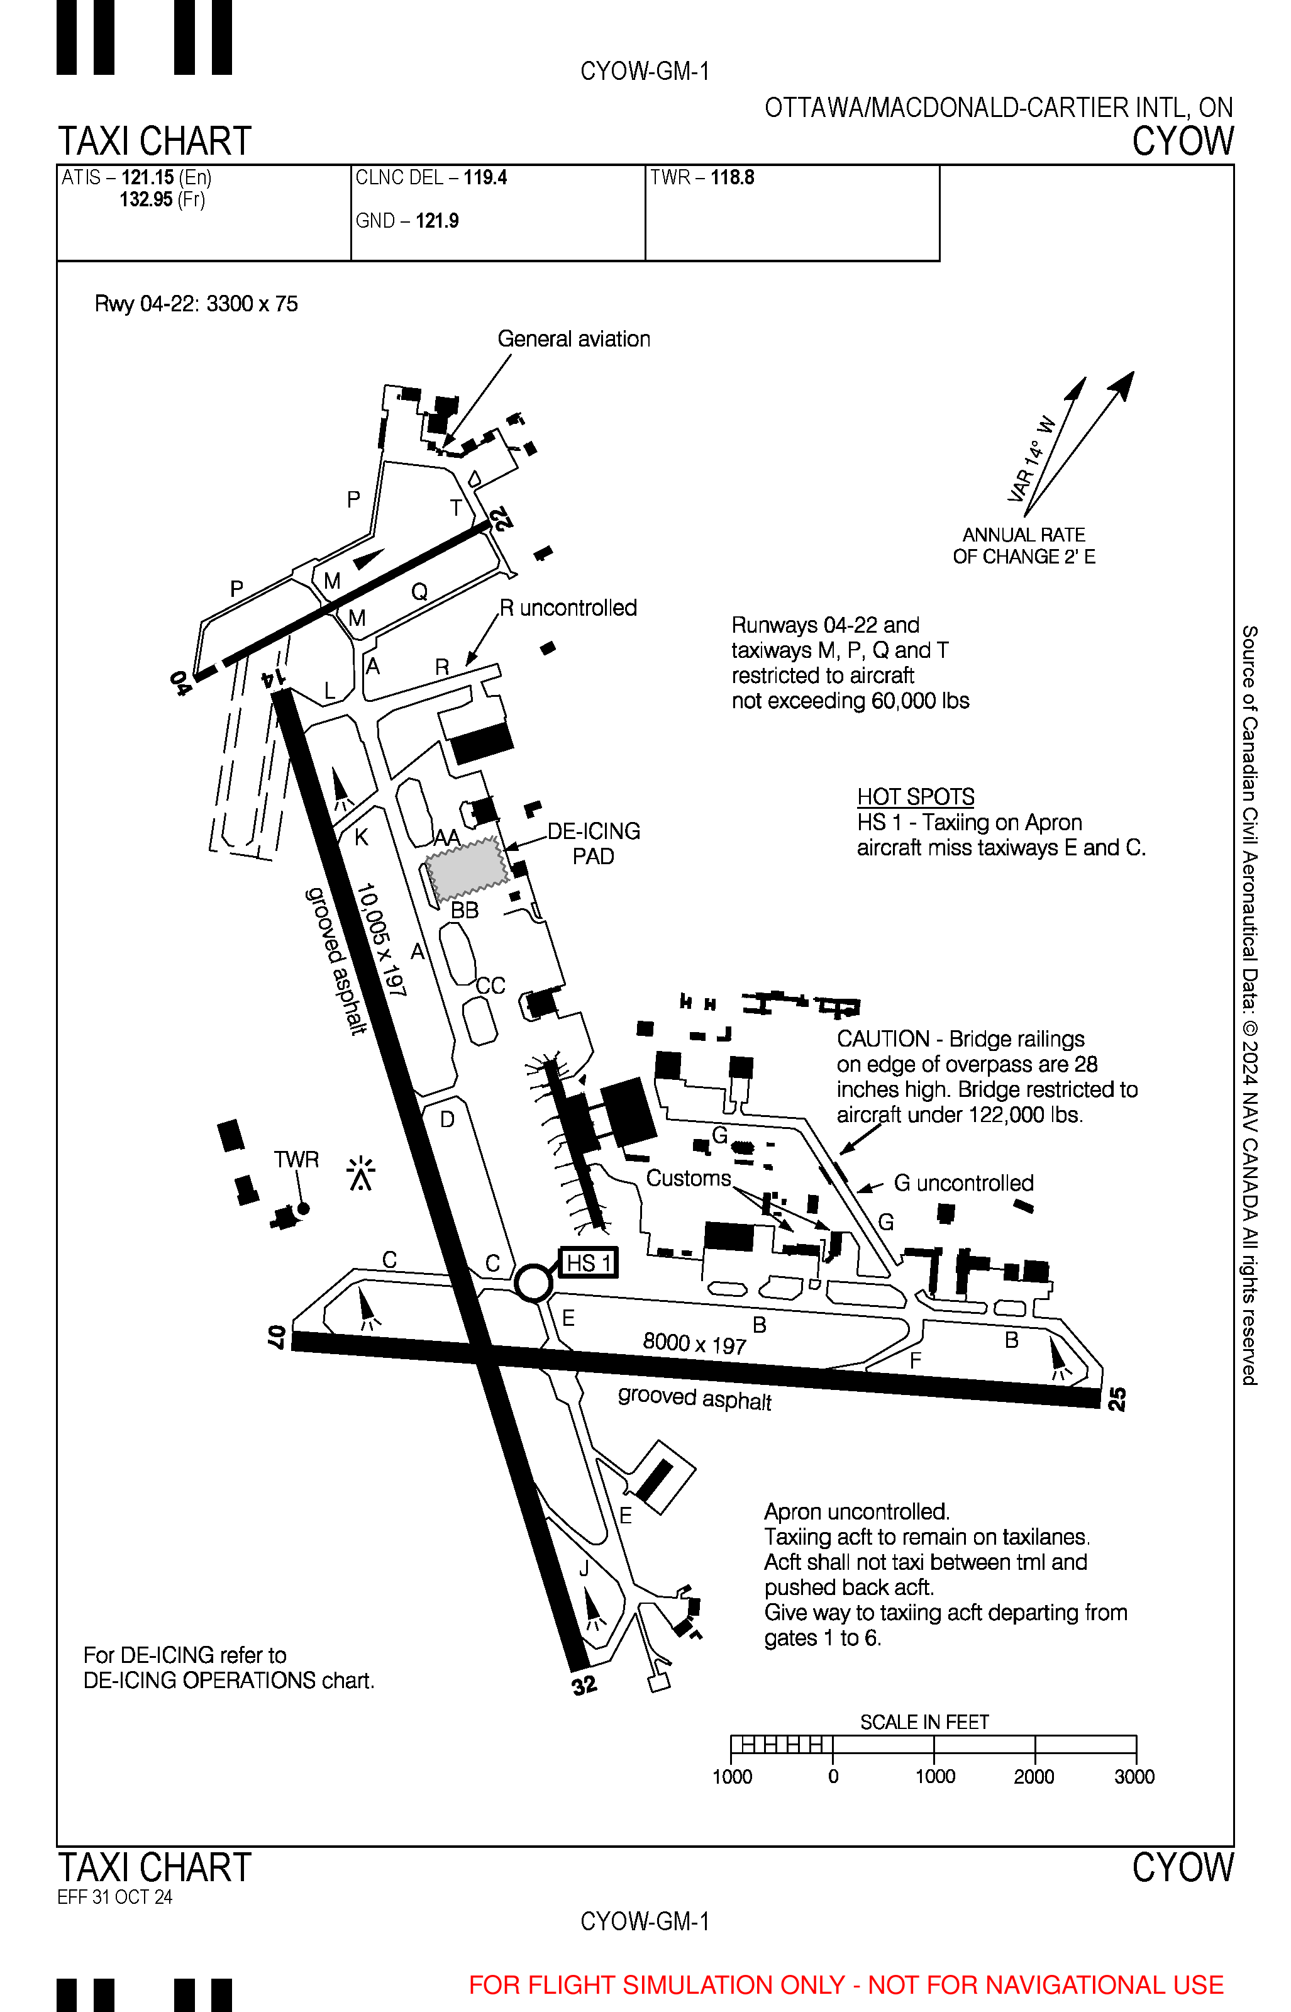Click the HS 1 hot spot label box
(588, 1262)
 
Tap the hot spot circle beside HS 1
(533, 1282)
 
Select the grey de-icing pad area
(466, 866)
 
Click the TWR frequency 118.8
(732, 178)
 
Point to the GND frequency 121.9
(437, 221)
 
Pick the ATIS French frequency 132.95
(146, 199)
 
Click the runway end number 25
(1117, 1398)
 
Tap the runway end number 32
(584, 1685)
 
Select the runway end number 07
(277, 1337)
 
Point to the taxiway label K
(362, 836)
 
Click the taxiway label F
(916, 1360)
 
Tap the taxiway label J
(584, 1569)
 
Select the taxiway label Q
(419, 592)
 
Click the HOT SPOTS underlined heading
(916, 796)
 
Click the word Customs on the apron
(688, 1178)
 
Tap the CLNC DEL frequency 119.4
(485, 178)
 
